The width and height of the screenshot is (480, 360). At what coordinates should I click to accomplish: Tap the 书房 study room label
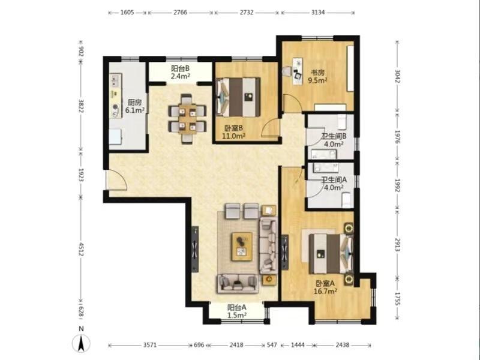317,73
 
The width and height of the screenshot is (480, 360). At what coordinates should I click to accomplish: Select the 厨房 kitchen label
134,102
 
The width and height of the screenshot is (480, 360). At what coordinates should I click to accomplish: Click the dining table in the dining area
187,118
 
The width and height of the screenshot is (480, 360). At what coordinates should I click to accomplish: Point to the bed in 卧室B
238,97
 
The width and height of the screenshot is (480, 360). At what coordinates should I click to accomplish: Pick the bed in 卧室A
331,254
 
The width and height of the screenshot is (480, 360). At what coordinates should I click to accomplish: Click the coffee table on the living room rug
242,247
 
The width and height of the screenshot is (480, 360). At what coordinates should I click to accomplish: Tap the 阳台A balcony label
237,307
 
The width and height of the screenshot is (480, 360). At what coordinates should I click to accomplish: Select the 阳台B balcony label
181,68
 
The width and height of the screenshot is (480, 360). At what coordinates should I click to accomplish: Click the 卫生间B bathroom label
334,136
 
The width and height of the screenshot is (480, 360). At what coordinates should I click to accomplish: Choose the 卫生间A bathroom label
334,179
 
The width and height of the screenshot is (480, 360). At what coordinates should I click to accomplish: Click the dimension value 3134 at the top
318,13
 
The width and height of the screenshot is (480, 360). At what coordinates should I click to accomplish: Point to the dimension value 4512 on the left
81,249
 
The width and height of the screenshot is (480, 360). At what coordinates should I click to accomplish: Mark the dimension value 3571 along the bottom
150,345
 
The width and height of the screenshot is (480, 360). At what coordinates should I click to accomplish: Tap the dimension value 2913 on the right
397,245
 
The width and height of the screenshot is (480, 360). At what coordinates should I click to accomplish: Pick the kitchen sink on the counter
115,80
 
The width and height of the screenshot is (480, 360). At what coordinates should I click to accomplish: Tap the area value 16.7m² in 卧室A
325,291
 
